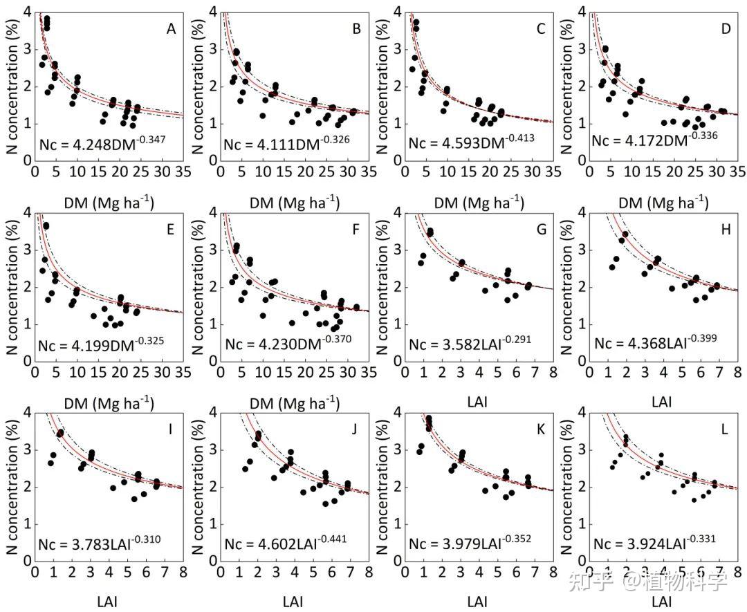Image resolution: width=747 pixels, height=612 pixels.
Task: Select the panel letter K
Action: pyautogui.click(x=540, y=429)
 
